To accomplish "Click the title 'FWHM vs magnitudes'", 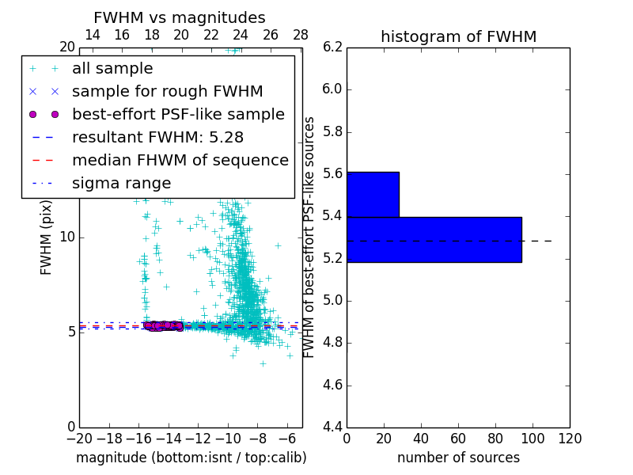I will (x=180, y=18).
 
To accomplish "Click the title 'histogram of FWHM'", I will (x=458, y=37).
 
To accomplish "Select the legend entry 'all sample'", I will (x=112, y=69).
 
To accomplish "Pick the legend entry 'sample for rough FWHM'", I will (x=168, y=92).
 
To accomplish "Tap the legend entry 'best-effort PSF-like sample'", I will (x=178, y=115).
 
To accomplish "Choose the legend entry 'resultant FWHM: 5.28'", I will (x=168, y=138).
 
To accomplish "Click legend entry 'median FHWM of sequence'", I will (x=180, y=161).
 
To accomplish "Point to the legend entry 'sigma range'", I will (x=121, y=184).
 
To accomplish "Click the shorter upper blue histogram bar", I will (x=373, y=194).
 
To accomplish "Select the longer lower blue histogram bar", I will (x=434, y=239).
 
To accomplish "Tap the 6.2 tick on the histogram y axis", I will (x=332, y=47).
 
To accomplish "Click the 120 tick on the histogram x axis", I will (x=570, y=439).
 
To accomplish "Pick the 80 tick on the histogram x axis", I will (x=495, y=439).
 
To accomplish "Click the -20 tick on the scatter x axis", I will (x=79, y=439).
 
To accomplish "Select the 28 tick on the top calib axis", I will (x=301, y=35).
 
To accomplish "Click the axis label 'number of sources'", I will (x=458, y=458).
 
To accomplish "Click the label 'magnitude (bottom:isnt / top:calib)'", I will (x=191, y=458).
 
